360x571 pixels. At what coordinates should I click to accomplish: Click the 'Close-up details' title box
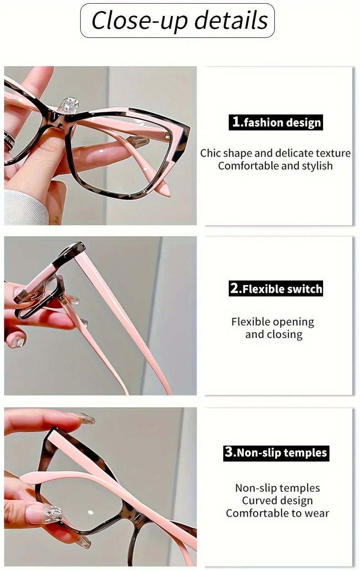pyautogui.click(x=178, y=21)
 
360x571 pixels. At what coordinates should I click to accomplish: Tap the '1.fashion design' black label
pyautogui.click(x=276, y=122)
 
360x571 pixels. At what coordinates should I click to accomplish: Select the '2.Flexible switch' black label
pyautogui.click(x=276, y=289)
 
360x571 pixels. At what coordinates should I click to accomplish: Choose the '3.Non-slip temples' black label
pyautogui.click(x=276, y=453)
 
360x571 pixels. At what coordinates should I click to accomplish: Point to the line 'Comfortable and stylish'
pyautogui.click(x=275, y=166)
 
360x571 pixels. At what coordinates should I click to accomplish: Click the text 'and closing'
pyautogui.click(x=273, y=334)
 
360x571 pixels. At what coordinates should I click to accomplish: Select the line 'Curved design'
pyautogui.click(x=277, y=500)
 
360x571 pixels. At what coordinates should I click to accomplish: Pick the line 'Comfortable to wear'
pyautogui.click(x=277, y=513)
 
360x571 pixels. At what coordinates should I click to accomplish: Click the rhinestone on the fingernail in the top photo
pyautogui.click(x=70, y=104)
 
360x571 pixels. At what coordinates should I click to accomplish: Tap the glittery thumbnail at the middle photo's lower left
pyautogui.click(x=17, y=342)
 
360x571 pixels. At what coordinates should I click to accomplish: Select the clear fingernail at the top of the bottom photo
pyautogui.click(x=85, y=419)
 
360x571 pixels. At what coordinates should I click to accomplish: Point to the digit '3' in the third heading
pyautogui.click(x=229, y=452)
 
